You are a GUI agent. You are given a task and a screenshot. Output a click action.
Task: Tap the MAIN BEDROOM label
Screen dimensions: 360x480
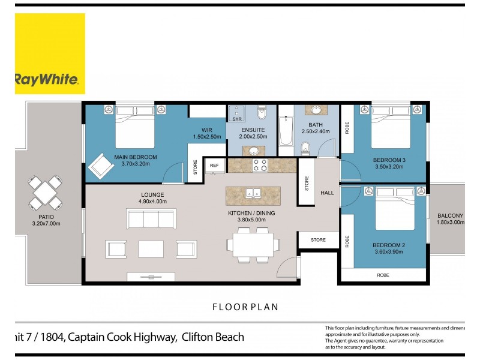coord(135,157)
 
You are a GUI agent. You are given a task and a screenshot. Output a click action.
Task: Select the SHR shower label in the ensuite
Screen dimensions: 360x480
coord(236,119)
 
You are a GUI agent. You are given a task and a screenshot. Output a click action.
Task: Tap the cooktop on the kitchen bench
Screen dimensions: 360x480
coord(260,165)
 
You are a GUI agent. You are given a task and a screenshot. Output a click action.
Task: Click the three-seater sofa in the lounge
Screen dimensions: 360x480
coord(151,218)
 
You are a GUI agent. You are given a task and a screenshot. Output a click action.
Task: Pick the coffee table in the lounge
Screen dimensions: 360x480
coord(151,248)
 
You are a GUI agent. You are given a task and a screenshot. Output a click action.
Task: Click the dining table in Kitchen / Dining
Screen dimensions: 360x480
coord(253,245)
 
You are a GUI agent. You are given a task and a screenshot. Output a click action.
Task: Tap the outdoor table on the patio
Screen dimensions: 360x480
coord(46,193)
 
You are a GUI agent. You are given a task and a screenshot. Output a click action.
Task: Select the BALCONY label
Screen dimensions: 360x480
coord(450,215)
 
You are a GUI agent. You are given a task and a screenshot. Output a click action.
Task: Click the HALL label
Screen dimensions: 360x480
coord(327,193)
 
